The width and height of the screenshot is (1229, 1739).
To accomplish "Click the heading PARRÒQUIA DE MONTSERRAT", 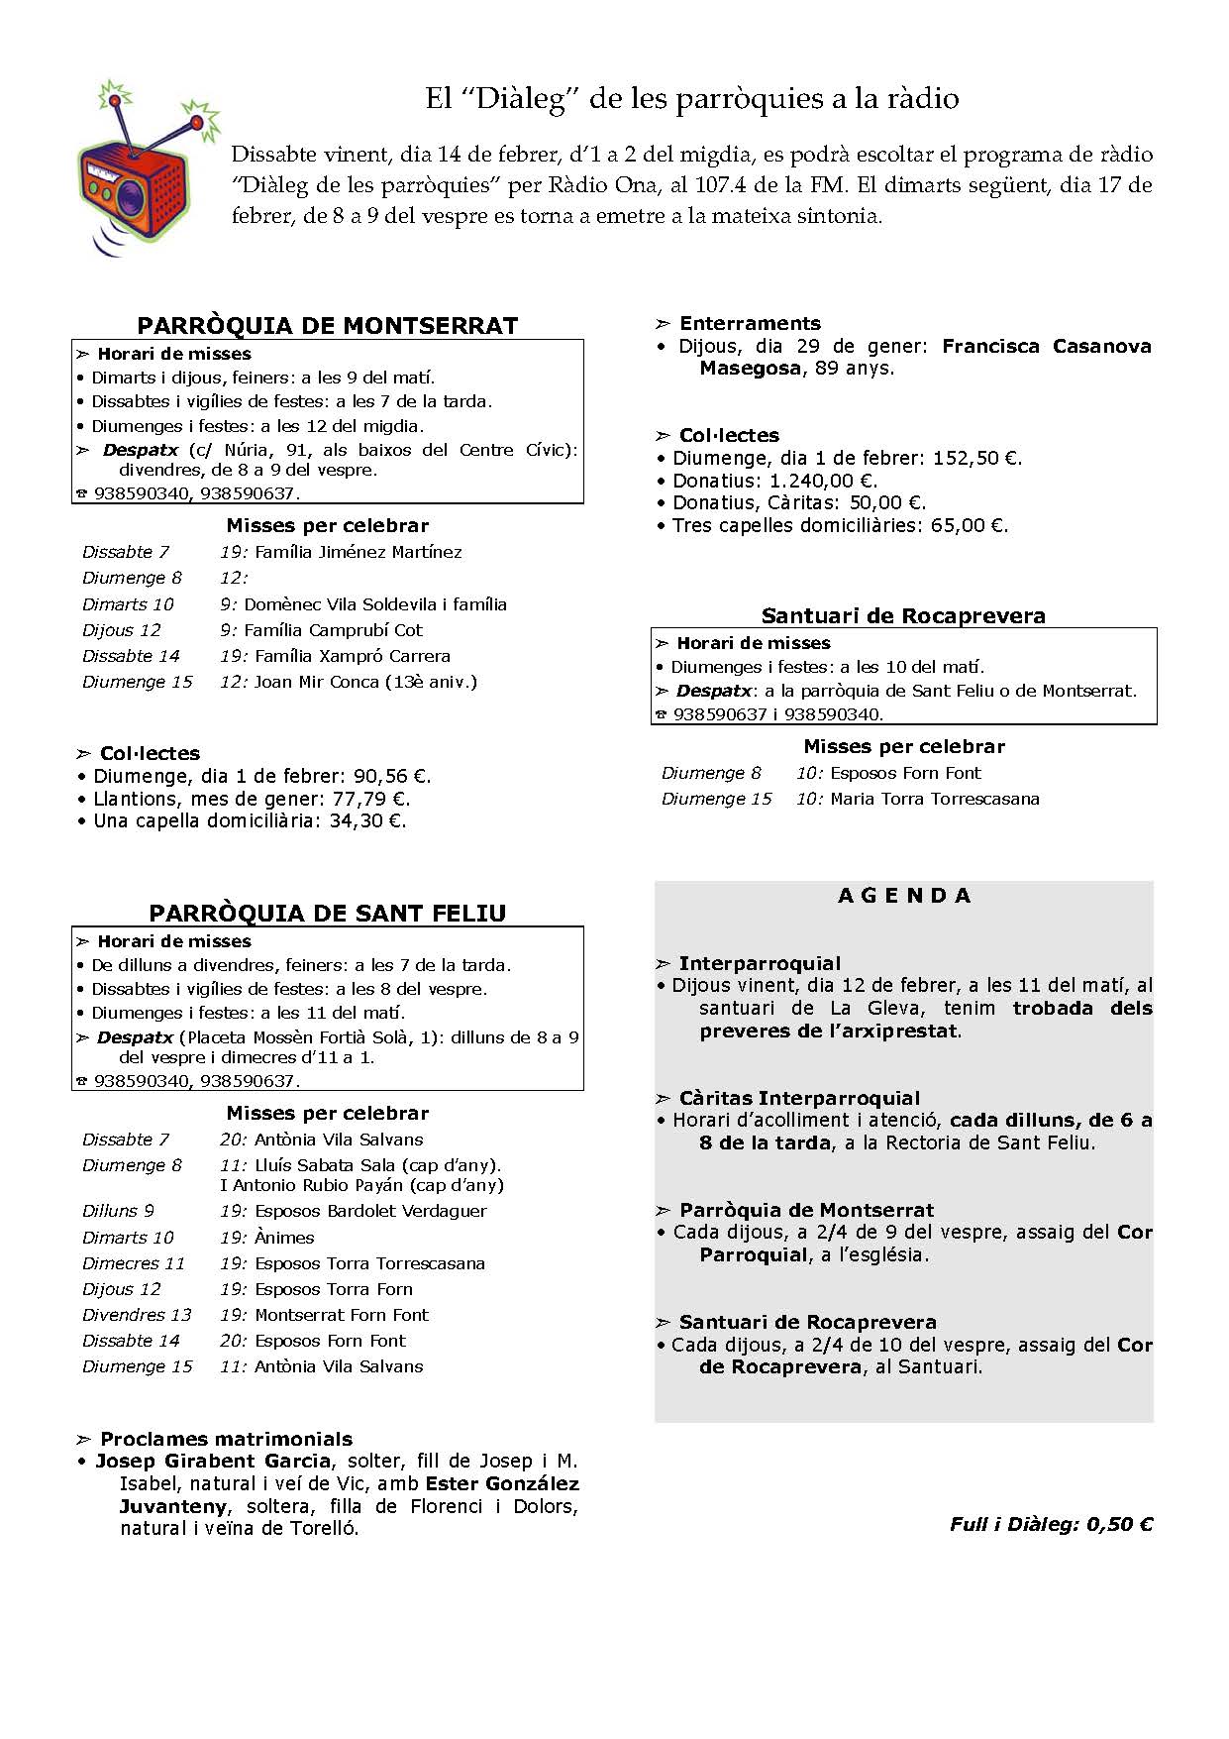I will coord(327,326).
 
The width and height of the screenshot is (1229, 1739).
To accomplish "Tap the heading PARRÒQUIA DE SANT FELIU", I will coord(327,914).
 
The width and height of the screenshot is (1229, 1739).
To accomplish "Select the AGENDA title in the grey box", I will coord(904,896).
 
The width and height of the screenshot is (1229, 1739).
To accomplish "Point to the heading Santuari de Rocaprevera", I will coord(903,616).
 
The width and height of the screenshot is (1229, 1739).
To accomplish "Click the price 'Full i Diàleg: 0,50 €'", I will coord(1051,1524).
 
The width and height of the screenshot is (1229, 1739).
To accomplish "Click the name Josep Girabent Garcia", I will coord(213,1461).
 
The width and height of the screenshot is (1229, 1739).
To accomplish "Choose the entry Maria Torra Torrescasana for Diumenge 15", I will coord(935,799).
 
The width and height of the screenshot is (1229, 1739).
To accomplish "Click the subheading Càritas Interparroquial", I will coord(799,1098).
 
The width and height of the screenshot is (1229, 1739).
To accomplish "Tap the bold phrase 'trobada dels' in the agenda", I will coord(1082,1009).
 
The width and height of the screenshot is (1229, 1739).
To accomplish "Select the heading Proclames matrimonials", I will coord(226,1439).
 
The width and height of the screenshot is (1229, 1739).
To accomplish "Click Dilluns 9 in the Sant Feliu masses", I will coord(118,1211).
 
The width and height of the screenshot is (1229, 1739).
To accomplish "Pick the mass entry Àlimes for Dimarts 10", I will coord(284,1238).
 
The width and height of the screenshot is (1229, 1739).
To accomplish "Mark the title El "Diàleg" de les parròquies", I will coord(691,98).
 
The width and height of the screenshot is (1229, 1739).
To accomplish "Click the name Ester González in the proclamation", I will coord(502,1483).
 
